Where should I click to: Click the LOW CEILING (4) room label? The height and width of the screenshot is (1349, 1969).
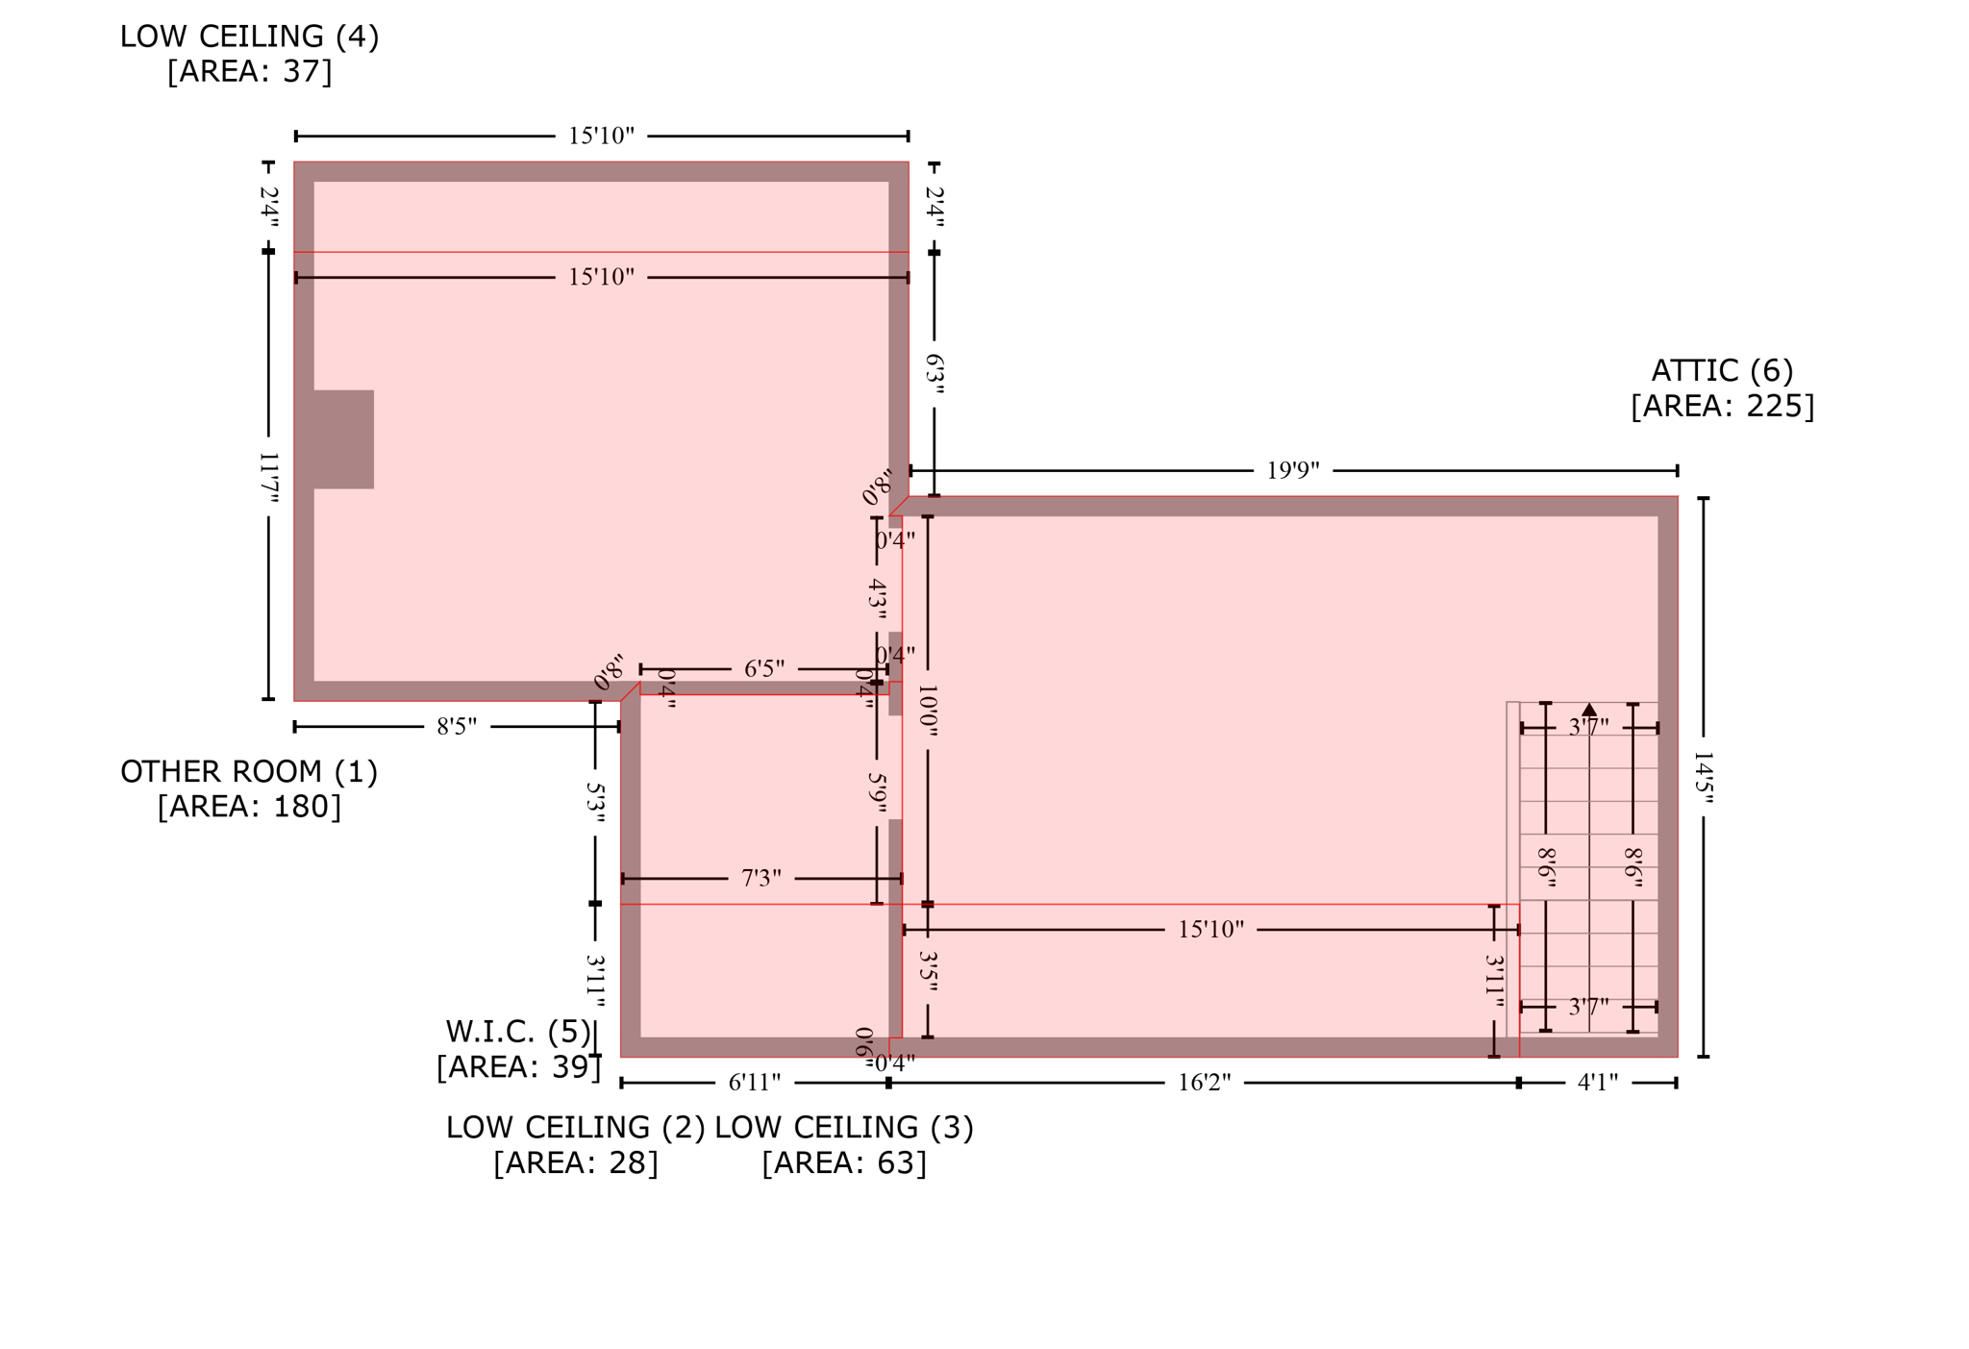coord(249,37)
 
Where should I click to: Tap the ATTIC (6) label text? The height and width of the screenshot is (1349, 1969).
coord(1722,370)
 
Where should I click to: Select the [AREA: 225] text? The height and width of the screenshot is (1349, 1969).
coord(1722,406)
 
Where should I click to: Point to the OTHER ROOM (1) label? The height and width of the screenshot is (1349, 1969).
coord(249,771)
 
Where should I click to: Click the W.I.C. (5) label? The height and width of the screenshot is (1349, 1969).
coord(518,1032)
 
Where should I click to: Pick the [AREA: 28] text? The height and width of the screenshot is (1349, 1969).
coord(575,1162)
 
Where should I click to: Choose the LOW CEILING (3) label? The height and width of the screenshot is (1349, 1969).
coord(844,1127)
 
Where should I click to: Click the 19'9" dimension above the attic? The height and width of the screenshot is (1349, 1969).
coord(1292,470)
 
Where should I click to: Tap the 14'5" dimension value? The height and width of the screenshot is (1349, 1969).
coord(1703,777)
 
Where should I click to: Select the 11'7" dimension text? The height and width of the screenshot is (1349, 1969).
coord(269,478)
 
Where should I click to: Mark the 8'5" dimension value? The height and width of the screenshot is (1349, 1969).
coord(457,726)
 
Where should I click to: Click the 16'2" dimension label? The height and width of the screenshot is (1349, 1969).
coord(1204,1083)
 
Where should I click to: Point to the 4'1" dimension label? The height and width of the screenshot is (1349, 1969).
coord(1598,1083)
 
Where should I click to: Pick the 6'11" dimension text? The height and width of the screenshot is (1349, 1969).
coord(754,1083)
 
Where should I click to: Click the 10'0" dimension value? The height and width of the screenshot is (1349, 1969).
coord(928,711)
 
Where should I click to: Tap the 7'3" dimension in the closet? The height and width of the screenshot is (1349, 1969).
coord(760,878)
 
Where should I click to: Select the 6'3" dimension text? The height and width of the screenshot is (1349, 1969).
coord(935,374)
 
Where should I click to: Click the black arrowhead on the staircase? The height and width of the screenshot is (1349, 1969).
coord(1589,710)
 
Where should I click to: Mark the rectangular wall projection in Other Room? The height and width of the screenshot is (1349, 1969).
coord(343,439)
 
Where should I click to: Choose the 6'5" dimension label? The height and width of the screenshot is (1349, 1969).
coord(764,668)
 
